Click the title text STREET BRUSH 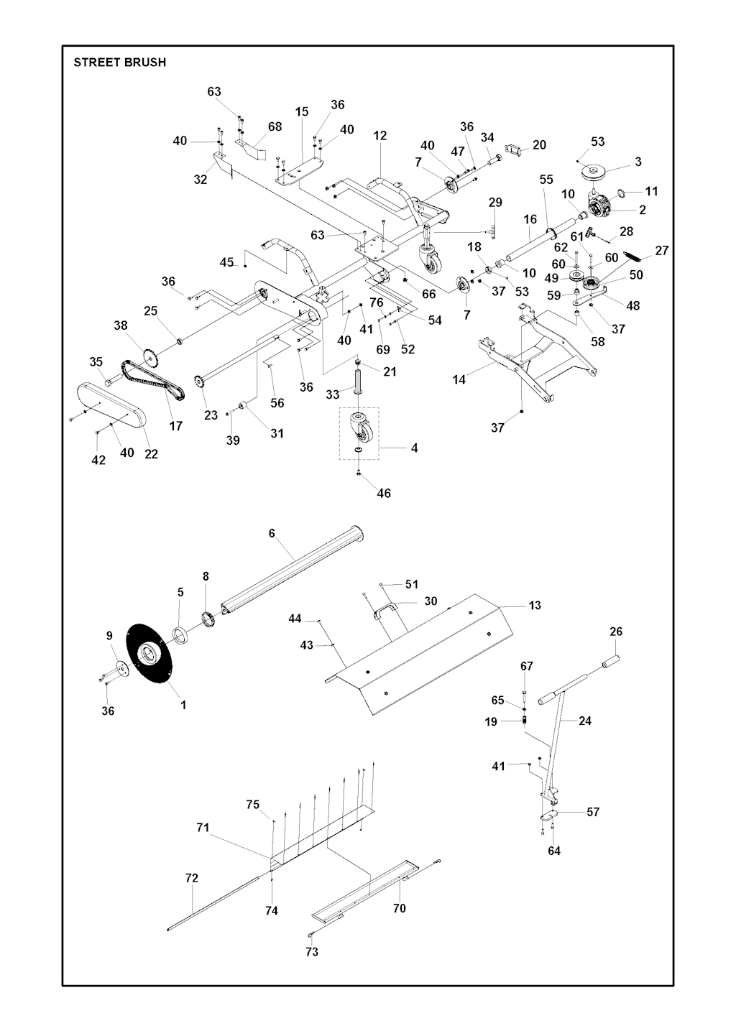120,63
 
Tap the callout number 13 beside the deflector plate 534,606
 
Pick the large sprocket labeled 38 150,355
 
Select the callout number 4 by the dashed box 414,448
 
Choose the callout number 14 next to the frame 459,379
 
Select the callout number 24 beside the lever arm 585,721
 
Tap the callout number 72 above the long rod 191,878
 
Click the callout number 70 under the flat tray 400,908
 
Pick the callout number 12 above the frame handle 380,135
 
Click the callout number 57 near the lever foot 593,812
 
